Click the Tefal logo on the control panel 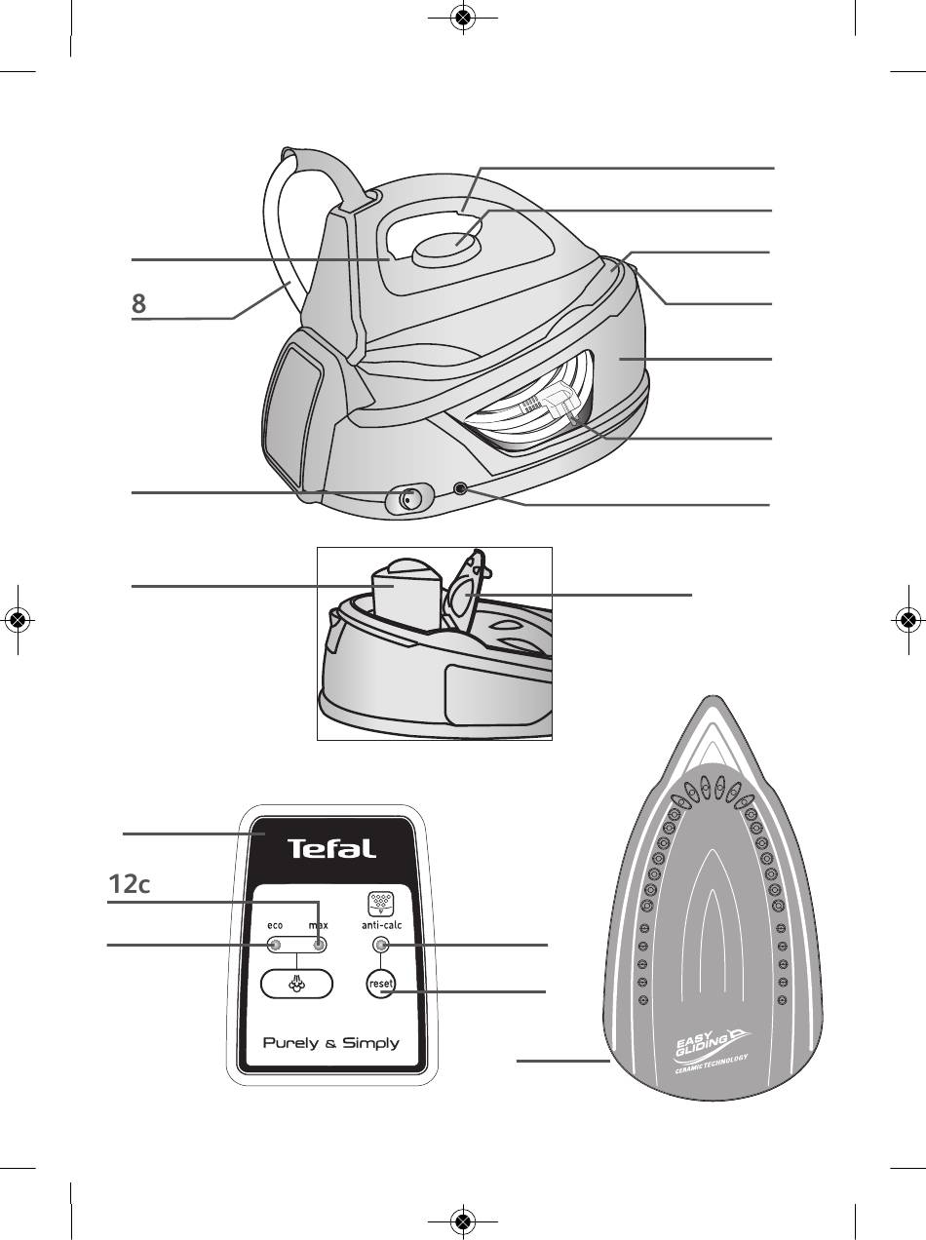coord(330,848)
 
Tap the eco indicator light coord(275,945)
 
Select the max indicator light coord(318,945)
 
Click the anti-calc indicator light coord(380,945)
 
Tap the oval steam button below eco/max coord(296,984)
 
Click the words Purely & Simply coord(330,1043)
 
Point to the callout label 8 coord(138,304)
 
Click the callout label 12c coord(129,884)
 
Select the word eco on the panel coord(275,924)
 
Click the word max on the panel coord(319,924)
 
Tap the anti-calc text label coord(380,924)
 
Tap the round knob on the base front coord(407,499)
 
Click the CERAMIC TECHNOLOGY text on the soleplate coord(712,1065)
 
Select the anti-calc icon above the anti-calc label coord(379,903)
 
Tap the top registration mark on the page coord(463,18)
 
